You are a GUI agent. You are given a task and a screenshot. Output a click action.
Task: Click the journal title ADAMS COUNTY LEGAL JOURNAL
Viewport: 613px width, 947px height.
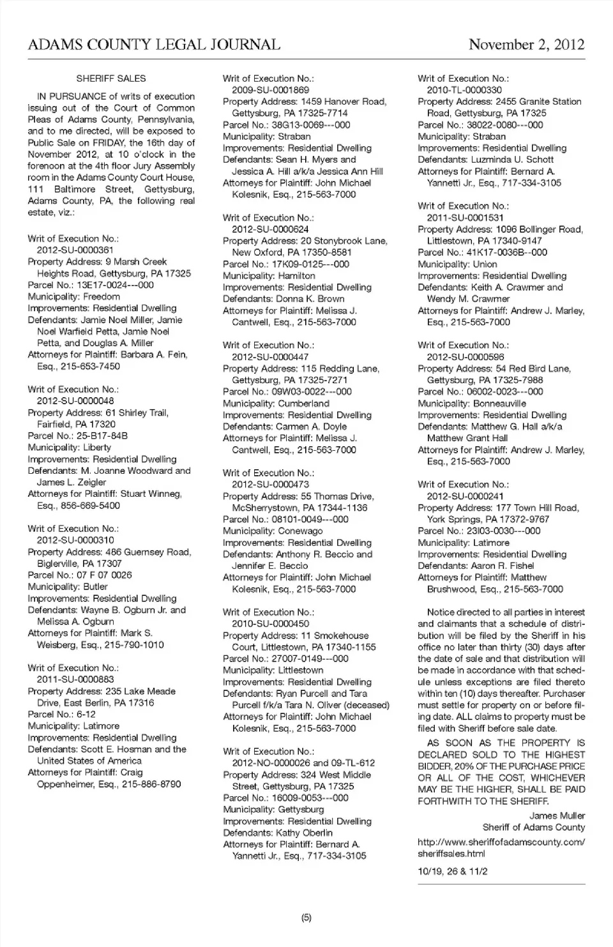click(154, 44)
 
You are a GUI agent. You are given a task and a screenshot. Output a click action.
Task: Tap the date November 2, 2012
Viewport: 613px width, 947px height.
click(526, 44)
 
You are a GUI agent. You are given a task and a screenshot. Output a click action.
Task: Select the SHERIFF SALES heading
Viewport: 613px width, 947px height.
click(111, 79)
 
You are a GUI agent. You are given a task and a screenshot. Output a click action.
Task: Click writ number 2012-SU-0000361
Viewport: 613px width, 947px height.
click(75, 250)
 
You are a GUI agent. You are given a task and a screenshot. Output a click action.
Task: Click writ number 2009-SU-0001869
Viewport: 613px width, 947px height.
click(270, 90)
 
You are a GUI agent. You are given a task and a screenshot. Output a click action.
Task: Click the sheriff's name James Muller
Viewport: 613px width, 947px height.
click(557, 815)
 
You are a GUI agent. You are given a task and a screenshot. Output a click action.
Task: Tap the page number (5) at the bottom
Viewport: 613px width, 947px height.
click(306, 918)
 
